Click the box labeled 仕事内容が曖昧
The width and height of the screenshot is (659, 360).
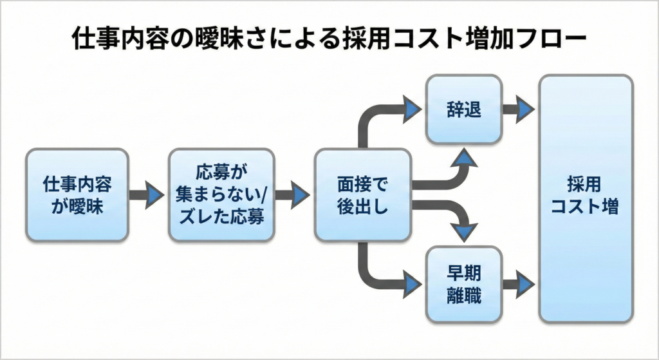(x=77, y=195)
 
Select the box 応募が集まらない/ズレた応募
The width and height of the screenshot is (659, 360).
(x=221, y=195)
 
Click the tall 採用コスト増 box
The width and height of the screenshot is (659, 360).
(x=585, y=198)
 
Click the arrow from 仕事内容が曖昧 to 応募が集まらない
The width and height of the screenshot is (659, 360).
(x=147, y=195)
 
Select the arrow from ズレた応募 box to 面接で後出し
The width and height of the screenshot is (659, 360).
(x=293, y=195)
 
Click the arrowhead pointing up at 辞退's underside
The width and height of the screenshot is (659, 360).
(x=464, y=156)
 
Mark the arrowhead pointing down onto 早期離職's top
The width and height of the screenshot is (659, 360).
(x=465, y=231)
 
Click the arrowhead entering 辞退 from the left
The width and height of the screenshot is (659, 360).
(x=412, y=109)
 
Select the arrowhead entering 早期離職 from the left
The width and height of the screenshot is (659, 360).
(x=412, y=282)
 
